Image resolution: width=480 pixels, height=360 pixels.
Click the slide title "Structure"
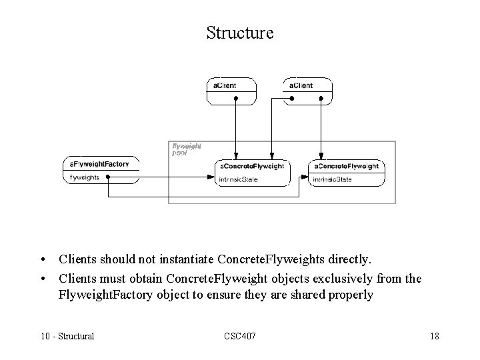tap(240, 33)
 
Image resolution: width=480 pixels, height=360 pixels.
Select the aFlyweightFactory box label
tap(100, 164)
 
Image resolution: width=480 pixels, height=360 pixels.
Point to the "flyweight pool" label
tap(186, 148)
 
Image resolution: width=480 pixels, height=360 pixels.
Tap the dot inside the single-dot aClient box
tap(235, 98)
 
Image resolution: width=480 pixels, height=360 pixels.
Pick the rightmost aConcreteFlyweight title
tap(346, 166)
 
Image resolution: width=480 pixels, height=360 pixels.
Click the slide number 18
tap(434, 336)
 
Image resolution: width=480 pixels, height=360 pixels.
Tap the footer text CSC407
tap(239, 336)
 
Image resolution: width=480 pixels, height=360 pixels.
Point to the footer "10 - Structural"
tap(67, 336)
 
